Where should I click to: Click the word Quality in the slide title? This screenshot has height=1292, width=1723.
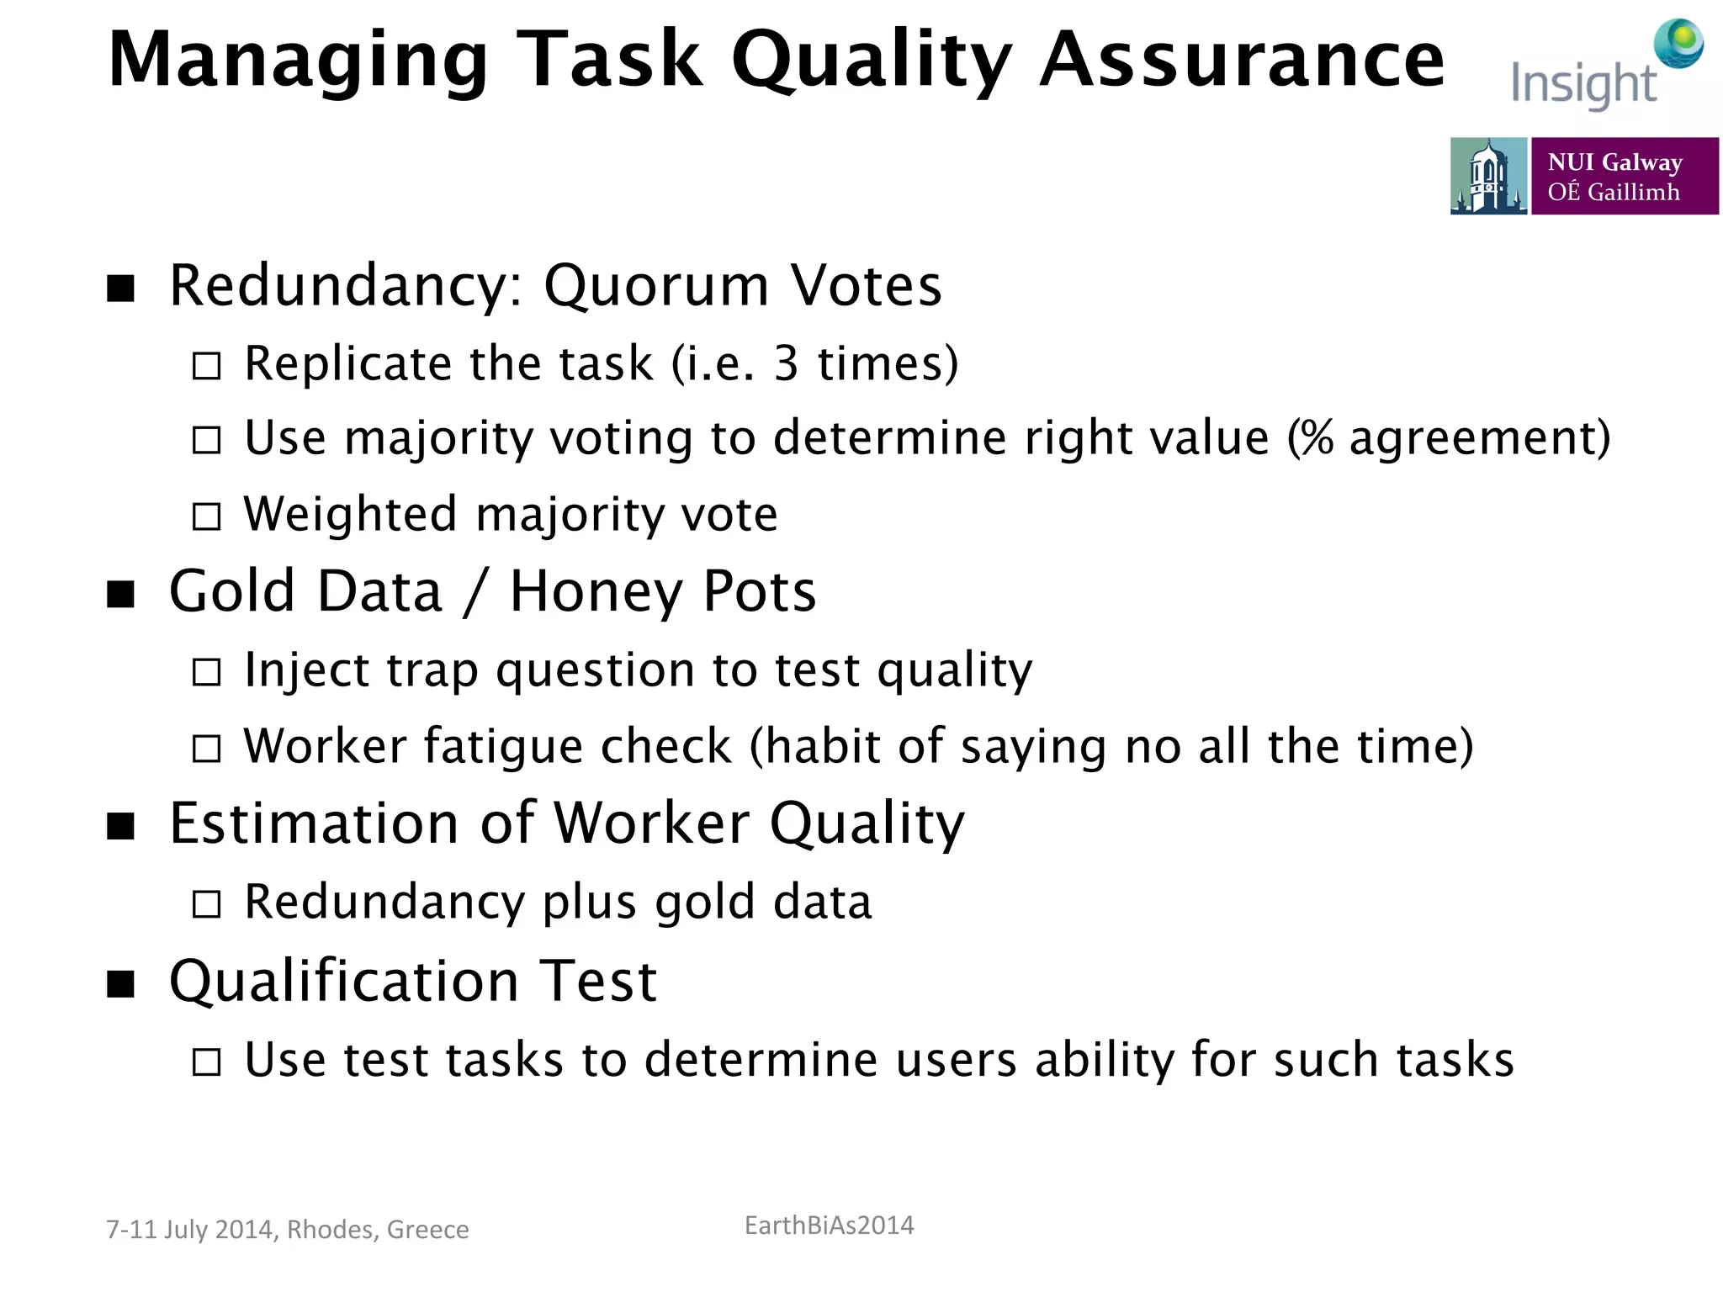pos(872,61)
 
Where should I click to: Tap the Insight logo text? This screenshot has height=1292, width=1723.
pos(1583,84)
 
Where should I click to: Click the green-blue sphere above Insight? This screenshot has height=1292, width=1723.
pos(1678,42)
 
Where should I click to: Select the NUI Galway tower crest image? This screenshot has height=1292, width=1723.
pos(1488,176)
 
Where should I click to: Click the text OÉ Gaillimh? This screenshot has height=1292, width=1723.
pos(1613,193)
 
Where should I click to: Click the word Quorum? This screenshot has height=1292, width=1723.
pos(656,286)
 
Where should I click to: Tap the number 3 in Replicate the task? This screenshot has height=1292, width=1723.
pos(786,364)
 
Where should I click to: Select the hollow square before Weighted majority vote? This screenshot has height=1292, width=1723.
pos(206,516)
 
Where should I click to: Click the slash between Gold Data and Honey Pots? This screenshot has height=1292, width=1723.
pos(475,591)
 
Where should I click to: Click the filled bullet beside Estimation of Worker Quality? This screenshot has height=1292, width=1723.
pos(121,826)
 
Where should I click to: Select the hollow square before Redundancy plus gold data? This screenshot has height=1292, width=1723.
pos(206,904)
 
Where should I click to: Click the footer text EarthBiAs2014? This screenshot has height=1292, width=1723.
pos(829,1226)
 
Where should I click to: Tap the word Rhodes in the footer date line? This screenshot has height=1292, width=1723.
pos(331,1230)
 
